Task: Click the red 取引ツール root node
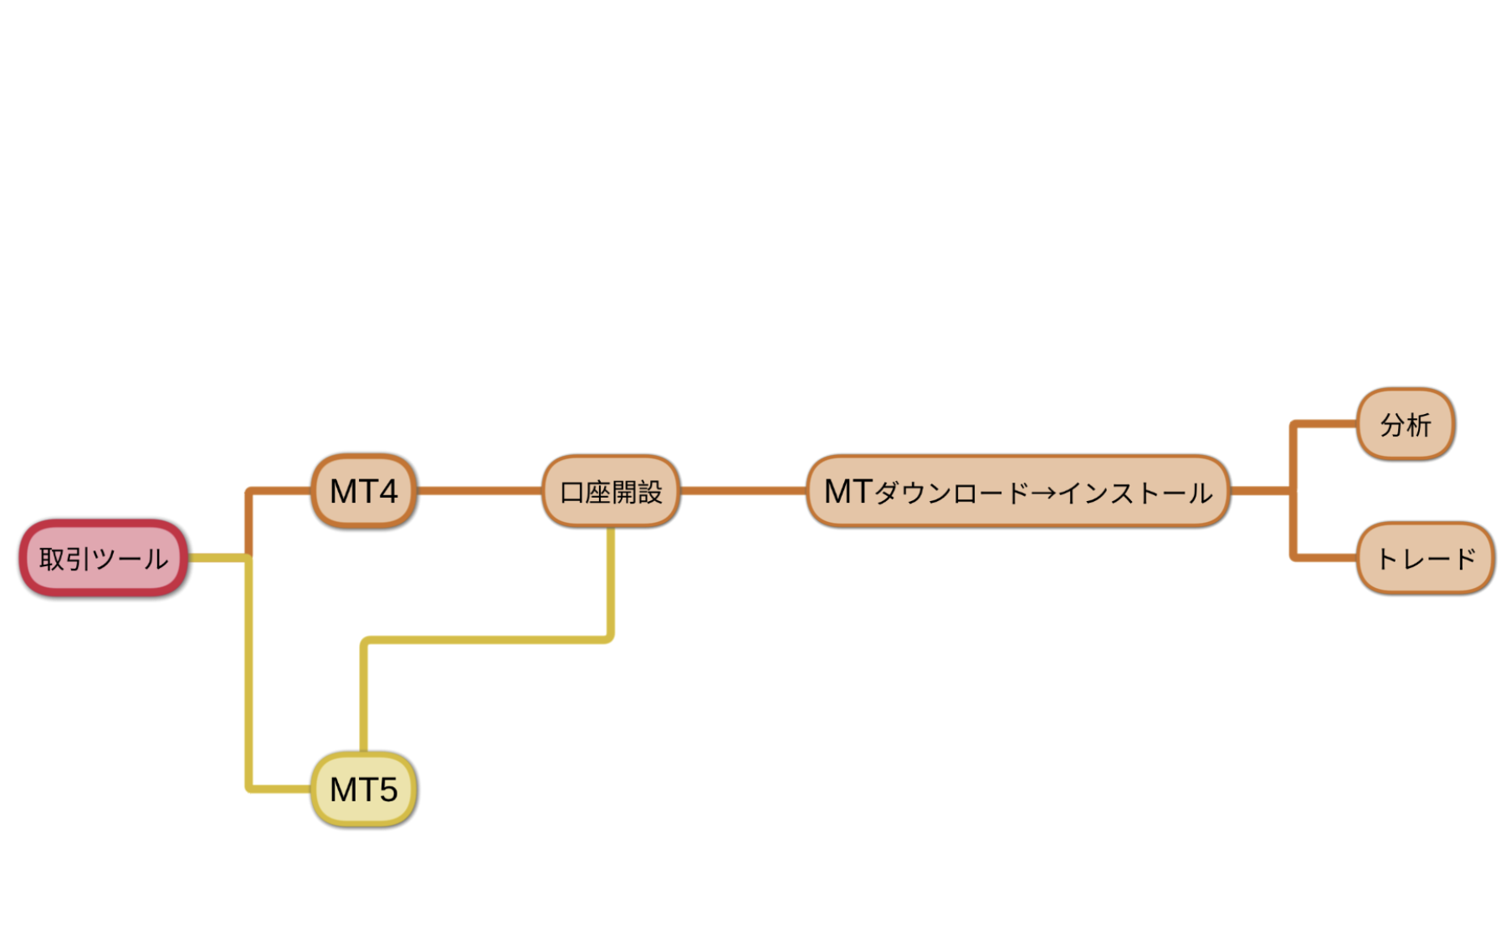(104, 558)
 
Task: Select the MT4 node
(364, 491)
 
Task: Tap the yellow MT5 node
(364, 790)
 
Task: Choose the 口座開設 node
(611, 492)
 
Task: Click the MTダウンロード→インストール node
(1017, 492)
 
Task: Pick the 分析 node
(1406, 425)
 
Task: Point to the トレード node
(1426, 558)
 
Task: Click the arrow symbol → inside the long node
(1042, 493)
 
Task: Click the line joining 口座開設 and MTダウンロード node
(743, 491)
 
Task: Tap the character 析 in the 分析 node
(1419, 425)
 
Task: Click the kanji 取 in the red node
(52, 559)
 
